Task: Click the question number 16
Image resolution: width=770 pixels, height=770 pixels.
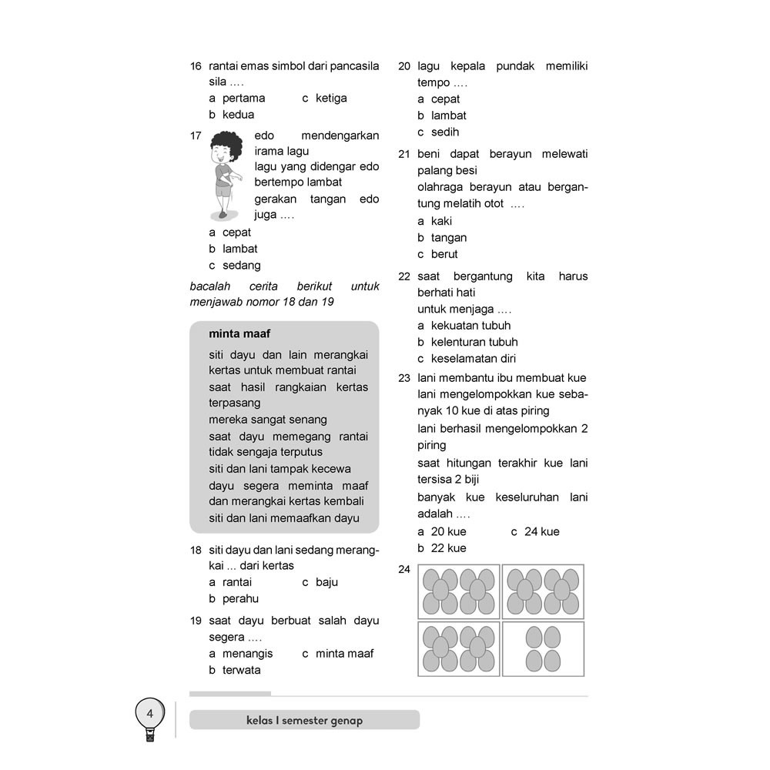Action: coord(196,66)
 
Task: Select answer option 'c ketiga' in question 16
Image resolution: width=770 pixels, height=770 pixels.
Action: coord(324,98)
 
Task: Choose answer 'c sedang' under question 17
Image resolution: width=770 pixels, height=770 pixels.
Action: coord(235,265)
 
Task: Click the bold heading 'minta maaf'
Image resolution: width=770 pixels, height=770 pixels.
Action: coord(239,333)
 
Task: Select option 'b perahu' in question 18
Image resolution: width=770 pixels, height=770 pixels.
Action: coord(234,598)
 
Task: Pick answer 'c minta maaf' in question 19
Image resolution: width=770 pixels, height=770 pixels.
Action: coord(337,653)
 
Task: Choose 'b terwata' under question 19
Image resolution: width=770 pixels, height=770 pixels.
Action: coord(235,670)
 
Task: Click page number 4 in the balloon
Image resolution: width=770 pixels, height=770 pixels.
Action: coord(150,714)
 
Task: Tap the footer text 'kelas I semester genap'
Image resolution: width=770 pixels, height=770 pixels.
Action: coord(304,721)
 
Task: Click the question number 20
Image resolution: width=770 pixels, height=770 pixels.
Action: coord(404,66)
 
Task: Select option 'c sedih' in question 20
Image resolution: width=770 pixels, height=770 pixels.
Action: coord(438,132)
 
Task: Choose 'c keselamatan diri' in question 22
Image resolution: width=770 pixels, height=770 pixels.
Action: coord(467,358)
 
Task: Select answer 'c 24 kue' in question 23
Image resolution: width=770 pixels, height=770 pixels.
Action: coord(535,531)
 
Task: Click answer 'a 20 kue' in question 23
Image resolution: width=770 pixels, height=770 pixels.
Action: coord(442,531)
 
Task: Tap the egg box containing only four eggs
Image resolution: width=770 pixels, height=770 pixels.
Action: coord(543,648)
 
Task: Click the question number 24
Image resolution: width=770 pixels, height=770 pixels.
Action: coord(404,570)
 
